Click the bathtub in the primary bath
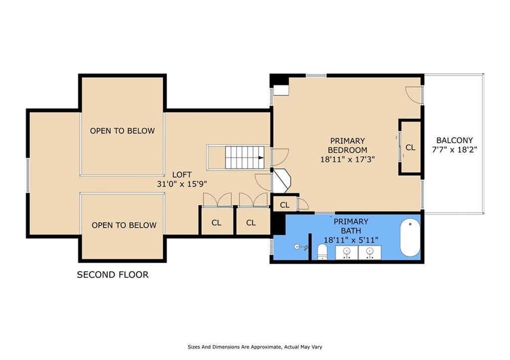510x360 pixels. pos(410,238)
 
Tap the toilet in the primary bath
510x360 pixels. pos(322,252)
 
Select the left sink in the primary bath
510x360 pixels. pos(347,252)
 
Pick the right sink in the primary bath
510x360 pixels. pos(370,252)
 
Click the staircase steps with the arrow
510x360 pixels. pos(245,157)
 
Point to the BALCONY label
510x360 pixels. pos(454,140)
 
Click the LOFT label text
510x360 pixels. pos(182,175)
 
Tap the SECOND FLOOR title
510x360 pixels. pos(113,275)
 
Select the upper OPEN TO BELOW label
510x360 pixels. pos(123,131)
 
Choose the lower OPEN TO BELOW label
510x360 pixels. pos(124,225)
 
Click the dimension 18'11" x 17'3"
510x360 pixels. pos(348,159)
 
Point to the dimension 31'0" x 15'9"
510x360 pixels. pos(182,184)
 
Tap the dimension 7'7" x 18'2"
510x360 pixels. pos(454,150)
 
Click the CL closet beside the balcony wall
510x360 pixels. pos(410,147)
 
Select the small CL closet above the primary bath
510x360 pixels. pos(284,205)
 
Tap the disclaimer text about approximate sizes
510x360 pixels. pos(255,347)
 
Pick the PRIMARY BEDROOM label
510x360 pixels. pos(348,145)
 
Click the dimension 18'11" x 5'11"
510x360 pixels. pos(351,240)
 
